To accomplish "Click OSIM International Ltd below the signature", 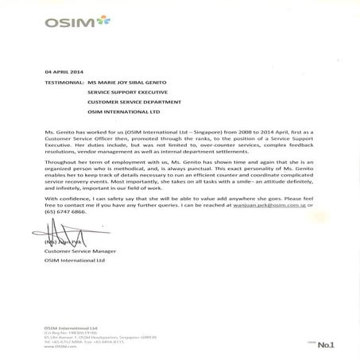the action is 72,261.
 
